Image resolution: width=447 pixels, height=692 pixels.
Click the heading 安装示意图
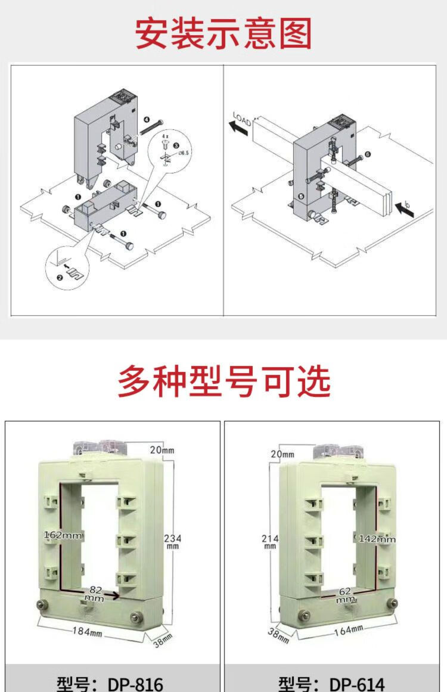point(223,33)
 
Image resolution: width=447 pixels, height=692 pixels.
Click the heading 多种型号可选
point(223,381)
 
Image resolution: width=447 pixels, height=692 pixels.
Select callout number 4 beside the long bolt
point(147,119)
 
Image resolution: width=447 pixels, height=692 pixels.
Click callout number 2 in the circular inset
point(59,277)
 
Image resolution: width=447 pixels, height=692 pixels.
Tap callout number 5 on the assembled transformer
point(301,196)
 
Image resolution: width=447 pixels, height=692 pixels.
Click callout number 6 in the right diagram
point(368,154)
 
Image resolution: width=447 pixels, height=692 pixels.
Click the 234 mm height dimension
point(172,541)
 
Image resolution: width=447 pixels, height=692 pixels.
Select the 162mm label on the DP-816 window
point(63,535)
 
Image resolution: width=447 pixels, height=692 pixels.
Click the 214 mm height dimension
point(270,541)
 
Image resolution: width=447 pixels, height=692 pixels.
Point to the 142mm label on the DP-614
point(377,539)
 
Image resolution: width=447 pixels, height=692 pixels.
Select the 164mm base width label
point(348,629)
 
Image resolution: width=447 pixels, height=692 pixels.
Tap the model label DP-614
point(332,683)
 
